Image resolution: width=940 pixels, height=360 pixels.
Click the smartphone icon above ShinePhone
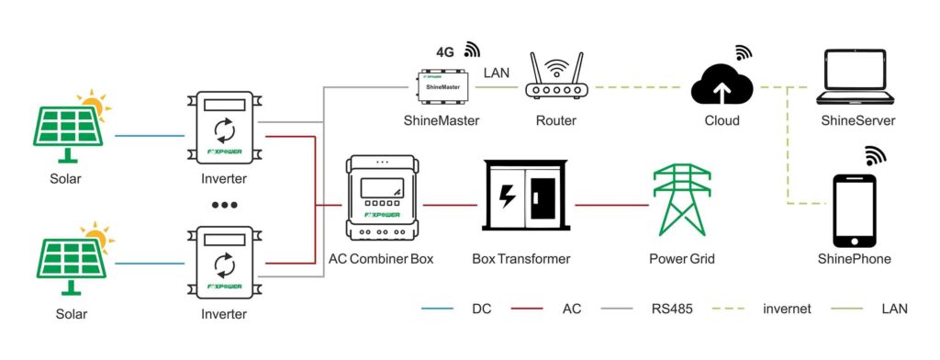tap(854, 210)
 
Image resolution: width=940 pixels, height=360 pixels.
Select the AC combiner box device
tap(381, 197)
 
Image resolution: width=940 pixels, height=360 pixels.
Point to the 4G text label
tap(445, 52)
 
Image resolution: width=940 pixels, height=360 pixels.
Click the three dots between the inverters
tap(225, 205)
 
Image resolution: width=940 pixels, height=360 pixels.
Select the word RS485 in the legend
tap(671, 309)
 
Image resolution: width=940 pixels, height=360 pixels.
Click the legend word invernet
tap(787, 309)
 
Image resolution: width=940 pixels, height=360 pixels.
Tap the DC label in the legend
tap(481, 309)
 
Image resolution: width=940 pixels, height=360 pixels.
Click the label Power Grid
tap(682, 259)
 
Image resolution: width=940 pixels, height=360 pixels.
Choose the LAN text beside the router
tap(496, 73)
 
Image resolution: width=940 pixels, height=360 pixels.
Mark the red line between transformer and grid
tap(611, 205)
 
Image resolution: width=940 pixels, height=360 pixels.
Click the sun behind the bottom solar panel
tap(98, 237)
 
